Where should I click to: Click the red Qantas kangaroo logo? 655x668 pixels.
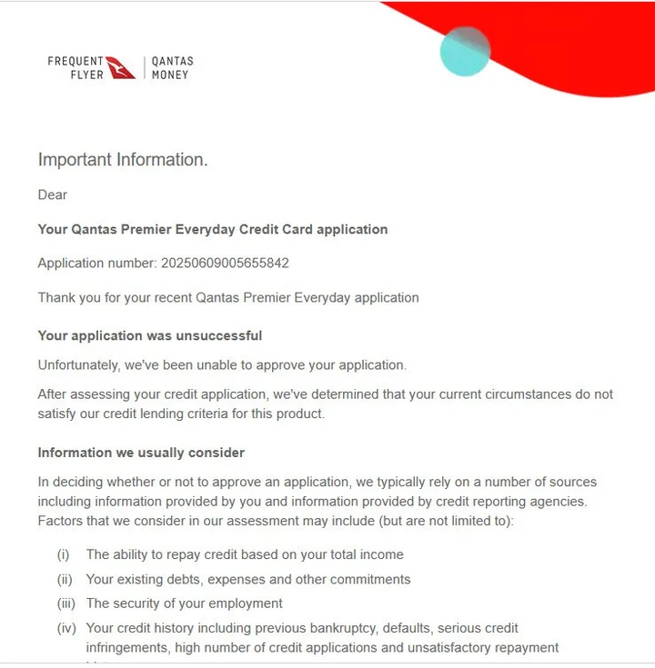pos(121,67)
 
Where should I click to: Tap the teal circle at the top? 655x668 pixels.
pos(465,51)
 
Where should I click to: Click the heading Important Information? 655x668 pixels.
pos(123,160)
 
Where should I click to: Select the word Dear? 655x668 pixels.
pos(53,194)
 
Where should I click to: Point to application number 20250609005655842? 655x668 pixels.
pos(225,263)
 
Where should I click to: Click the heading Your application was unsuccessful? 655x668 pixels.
pos(150,335)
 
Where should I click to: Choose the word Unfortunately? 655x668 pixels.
pos(80,365)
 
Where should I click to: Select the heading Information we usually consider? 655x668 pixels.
pos(141,453)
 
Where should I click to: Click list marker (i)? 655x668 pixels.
pos(64,554)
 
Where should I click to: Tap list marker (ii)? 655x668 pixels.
pos(64,579)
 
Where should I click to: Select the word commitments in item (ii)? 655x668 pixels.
pos(369,579)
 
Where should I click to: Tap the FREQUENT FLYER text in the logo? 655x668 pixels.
pos(76,68)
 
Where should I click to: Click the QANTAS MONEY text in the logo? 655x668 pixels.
pos(172,68)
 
